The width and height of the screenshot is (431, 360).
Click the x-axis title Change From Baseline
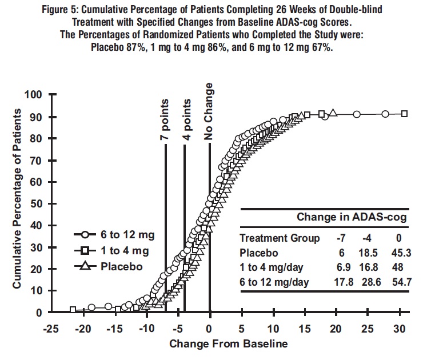click(x=229, y=344)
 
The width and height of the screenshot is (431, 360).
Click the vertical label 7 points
click(x=165, y=119)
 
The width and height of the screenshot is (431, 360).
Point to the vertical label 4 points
click(x=185, y=119)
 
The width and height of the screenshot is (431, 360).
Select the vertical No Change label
click(x=209, y=111)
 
